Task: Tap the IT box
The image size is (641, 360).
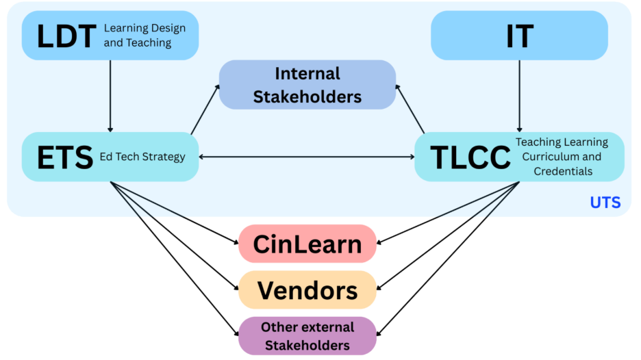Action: pos(519,36)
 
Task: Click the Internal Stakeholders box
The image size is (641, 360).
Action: pos(307,85)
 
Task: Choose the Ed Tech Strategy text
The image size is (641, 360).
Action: pos(142,157)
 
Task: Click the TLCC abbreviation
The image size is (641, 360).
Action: pos(470,157)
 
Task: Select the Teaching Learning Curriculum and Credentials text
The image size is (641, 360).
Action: pos(562,157)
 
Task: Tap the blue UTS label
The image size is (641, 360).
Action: pos(605,203)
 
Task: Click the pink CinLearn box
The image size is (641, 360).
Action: pos(307,244)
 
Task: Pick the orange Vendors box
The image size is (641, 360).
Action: pos(307,290)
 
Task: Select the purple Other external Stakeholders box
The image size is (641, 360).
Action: pos(307,335)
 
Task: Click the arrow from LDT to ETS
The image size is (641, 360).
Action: pos(110,96)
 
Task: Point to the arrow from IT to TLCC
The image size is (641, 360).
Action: pos(519,96)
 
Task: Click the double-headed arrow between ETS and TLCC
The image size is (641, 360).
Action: pos(306,157)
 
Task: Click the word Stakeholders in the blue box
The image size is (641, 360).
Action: pos(307,97)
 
